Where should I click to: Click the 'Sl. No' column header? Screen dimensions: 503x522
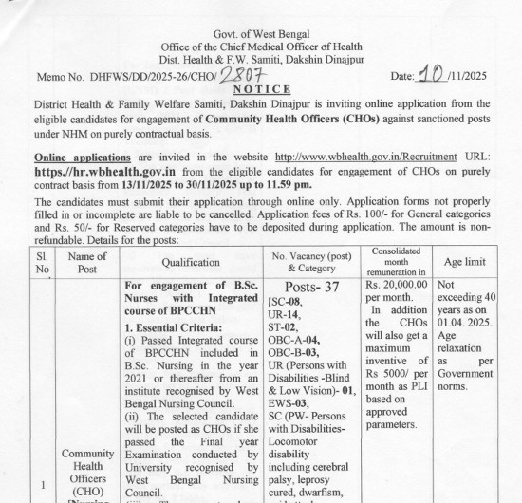pyautogui.click(x=41, y=262)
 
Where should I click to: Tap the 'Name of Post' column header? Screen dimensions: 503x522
pyautogui.click(x=88, y=262)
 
